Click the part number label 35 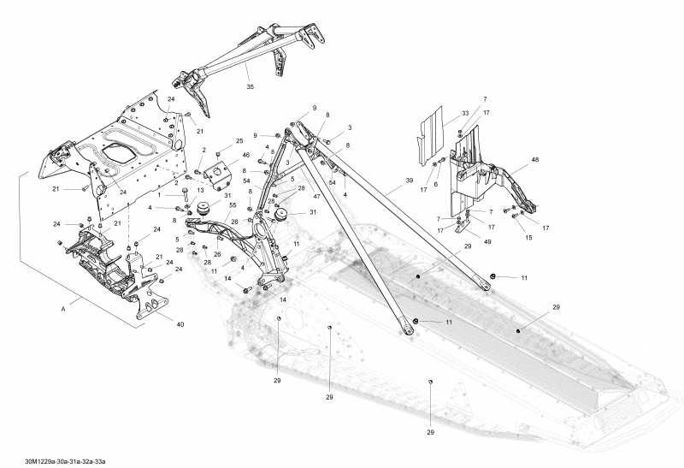pos(250,86)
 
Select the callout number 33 pos(464,113)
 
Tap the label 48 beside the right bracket pos(535,160)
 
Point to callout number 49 pos(487,242)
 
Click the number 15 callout pos(528,237)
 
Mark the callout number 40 pos(180,324)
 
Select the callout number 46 pos(245,156)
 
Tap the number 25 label pos(239,140)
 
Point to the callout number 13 pos(201,190)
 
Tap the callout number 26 pos(217,254)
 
